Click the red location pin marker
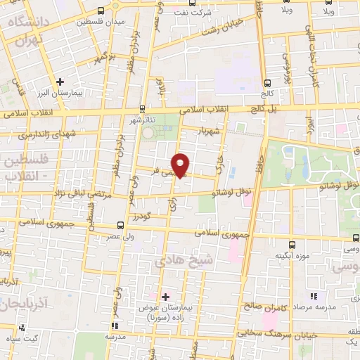(x=181, y=165)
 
